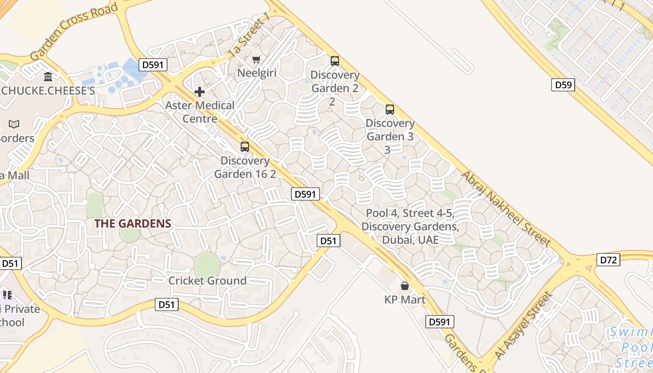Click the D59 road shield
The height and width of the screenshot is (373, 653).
pyautogui.click(x=563, y=85)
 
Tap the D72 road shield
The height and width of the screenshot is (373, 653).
pyautogui.click(x=608, y=260)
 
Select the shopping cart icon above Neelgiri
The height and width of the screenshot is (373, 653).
pyautogui.click(x=256, y=59)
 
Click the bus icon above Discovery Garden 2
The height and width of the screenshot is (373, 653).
pyautogui.click(x=335, y=61)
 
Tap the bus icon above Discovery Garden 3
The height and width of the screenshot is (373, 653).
pyautogui.click(x=390, y=110)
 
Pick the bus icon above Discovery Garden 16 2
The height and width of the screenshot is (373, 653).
pyautogui.click(x=245, y=147)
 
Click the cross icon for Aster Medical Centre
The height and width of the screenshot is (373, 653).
pyautogui.click(x=200, y=91)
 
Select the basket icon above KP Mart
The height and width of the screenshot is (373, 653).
pyautogui.click(x=405, y=285)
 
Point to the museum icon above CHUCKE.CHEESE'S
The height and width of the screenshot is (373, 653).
pyautogui.click(x=48, y=76)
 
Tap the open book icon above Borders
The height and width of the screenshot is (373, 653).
pyautogui.click(x=14, y=124)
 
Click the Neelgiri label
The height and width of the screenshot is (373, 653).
pyautogui.click(x=257, y=73)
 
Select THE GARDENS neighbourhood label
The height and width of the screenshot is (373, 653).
pyautogui.click(x=133, y=223)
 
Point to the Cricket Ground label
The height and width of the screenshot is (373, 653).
pyautogui.click(x=208, y=281)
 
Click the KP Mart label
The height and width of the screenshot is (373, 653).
pyautogui.click(x=405, y=299)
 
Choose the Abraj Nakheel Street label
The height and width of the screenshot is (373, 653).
pyautogui.click(x=506, y=208)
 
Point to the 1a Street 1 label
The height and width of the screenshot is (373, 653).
pyautogui.click(x=250, y=35)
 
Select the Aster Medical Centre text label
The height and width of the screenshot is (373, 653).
pyautogui.click(x=200, y=112)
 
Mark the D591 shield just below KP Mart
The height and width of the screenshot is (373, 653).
pyautogui.click(x=439, y=322)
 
